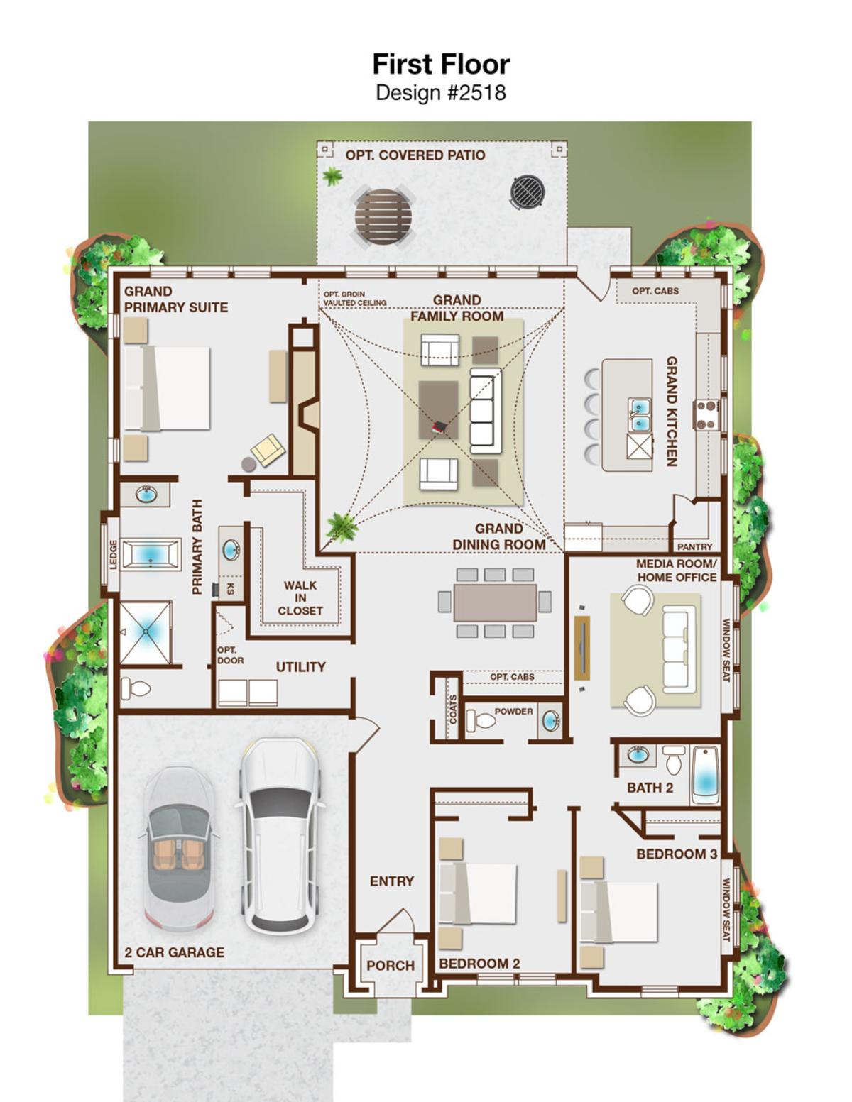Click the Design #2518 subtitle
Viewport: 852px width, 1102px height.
440,93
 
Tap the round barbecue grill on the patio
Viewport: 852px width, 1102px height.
528,191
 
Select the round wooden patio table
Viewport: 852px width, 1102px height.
384,218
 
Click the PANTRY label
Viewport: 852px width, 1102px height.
694,546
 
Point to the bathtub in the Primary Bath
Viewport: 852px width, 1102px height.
151,553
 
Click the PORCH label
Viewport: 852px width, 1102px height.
390,966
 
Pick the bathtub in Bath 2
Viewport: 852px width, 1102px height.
705,774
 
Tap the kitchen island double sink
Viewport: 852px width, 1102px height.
640,414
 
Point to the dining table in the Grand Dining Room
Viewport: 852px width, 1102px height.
495,602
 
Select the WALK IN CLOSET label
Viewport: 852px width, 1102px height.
300,598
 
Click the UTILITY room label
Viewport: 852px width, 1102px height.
300,667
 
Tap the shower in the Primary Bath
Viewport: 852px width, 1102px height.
146,632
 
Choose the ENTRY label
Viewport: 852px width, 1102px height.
392,881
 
